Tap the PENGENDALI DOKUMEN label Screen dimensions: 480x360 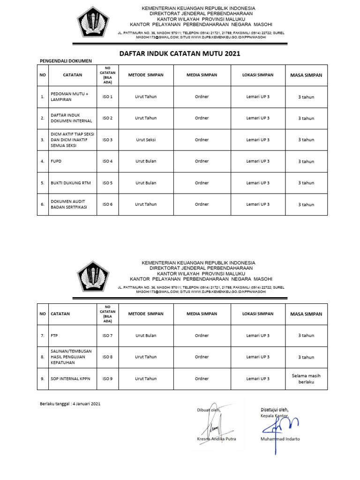(x=65, y=61)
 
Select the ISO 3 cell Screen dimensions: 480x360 (x=107, y=140)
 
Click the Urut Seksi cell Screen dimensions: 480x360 (x=146, y=140)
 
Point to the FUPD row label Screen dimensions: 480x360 (x=56, y=161)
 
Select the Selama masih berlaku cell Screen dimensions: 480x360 (x=306, y=379)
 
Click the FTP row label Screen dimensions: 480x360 (x=55, y=336)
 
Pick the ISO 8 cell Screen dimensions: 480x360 (x=107, y=357)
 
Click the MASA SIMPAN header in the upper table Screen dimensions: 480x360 (x=306, y=75)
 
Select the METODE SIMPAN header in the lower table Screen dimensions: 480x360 (x=146, y=314)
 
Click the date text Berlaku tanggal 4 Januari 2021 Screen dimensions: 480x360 (x=69, y=404)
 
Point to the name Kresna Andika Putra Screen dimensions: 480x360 (x=217, y=439)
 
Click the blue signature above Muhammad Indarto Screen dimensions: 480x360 (x=279, y=424)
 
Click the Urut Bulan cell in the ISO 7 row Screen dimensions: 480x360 (x=146, y=336)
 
